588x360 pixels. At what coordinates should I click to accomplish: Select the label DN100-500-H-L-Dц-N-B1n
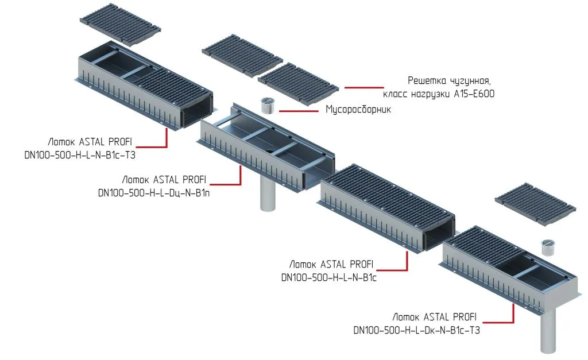[154, 193]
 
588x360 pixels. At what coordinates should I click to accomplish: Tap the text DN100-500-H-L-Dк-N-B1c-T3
[416, 330]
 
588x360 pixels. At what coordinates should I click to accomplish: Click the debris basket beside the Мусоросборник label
[268, 105]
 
